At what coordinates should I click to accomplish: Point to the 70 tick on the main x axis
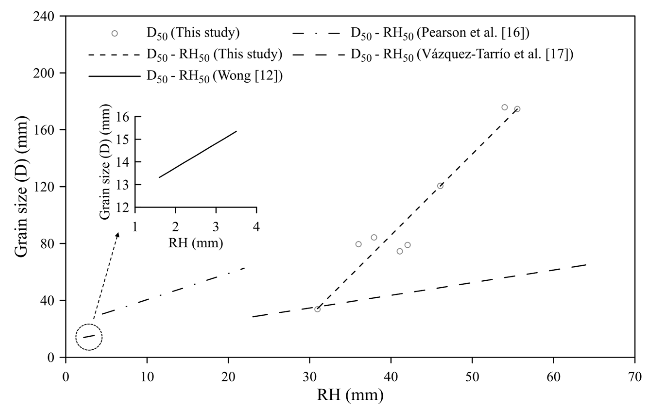click(635, 377)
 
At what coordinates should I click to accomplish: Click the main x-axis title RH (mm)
click(350, 395)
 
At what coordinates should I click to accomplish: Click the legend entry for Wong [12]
click(214, 76)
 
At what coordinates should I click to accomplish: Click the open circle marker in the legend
click(115, 33)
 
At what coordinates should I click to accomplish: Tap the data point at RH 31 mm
click(318, 309)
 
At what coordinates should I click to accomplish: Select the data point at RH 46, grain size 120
click(440, 186)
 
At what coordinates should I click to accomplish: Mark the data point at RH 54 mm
click(505, 107)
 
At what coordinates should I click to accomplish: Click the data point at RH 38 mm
click(374, 237)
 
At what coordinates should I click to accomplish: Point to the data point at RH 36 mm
click(359, 244)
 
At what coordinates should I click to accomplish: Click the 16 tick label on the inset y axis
click(123, 117)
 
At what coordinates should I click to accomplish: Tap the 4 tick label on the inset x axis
click(256, 227)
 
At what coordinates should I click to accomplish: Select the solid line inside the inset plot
click(198, 154)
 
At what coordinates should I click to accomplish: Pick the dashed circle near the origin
click(89, 337)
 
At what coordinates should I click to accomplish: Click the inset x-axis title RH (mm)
click(196, 243)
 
